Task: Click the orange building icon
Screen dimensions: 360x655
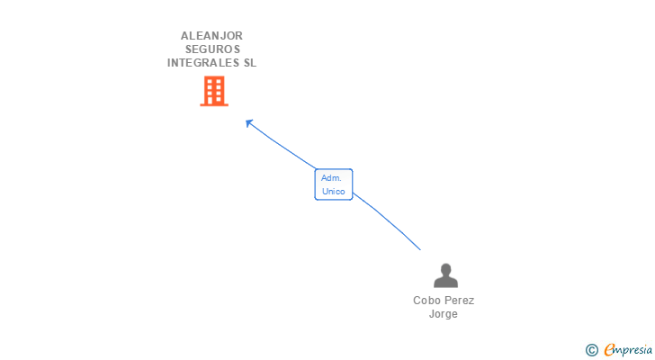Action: pos(214,91)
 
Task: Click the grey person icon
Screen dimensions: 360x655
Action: pos(445,275)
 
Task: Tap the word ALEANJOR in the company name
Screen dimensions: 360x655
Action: pos(211,36)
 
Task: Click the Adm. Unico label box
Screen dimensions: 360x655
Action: pos(333,184)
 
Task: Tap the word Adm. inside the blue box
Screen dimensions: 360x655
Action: pos(331,178)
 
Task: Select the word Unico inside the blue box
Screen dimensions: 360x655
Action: pos(333,191)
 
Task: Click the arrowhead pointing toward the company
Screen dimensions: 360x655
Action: pos(249,122)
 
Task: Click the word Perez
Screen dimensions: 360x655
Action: pos(460,301)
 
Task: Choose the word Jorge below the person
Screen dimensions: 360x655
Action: pos(444,314)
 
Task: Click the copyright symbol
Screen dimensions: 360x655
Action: pos(591,350)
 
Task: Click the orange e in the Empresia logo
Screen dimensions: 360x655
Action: pos(609,350)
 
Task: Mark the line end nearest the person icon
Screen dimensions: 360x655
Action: pos(419,249)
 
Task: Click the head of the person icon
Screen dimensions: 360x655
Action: pos(445,269)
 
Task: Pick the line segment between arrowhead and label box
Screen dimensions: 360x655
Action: pos(283,147)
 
